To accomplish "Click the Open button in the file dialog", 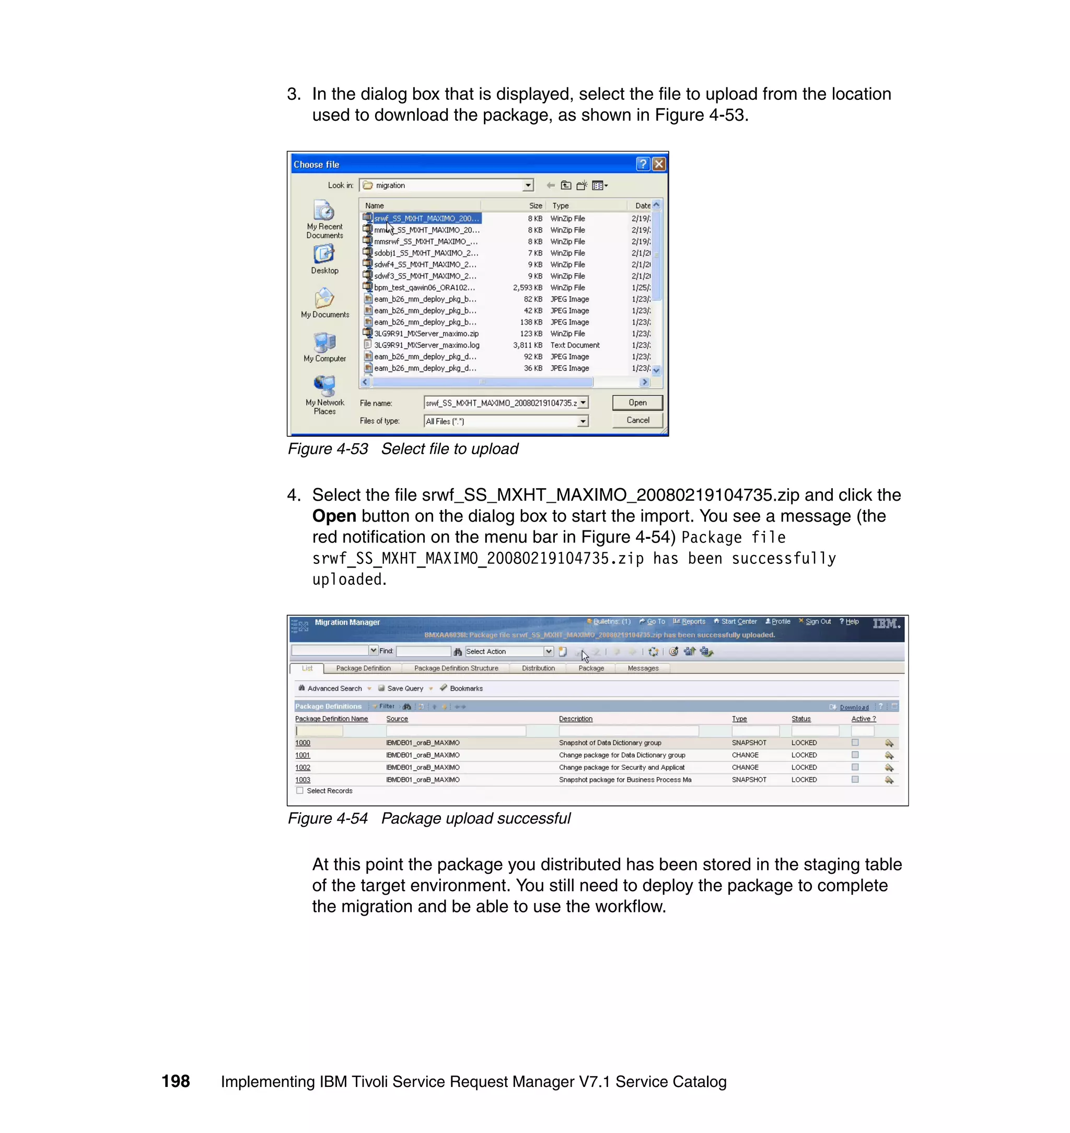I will pos(637,403).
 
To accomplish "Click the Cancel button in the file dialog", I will pos(637,421).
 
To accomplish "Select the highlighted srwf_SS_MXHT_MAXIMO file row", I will pos(426,218).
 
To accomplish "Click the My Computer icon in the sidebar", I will pos(324,342).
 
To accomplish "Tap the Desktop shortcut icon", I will pos(324,255).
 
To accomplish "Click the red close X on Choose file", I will pos(659,164).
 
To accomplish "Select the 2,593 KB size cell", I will pos(527,287).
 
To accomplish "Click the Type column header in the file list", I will pos(561,205).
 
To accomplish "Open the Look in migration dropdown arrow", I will pos(528,186).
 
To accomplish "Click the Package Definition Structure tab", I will pos(456,668).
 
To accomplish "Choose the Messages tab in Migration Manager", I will pos(643,668).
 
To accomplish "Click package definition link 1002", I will pos(303,767).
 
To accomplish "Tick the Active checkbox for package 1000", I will pos(855,743).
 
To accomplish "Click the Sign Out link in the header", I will pos(817,622).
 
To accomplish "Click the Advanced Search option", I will pos(334,689).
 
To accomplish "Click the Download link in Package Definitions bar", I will pos(854,707).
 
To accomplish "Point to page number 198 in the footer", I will pos(175,1081).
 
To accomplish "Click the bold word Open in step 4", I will pos(334,516).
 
